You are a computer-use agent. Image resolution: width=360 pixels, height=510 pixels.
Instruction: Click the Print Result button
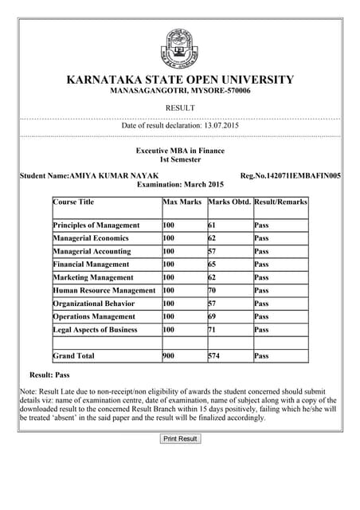point(180,439)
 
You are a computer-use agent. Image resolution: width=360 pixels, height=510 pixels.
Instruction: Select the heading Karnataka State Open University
point(180,80)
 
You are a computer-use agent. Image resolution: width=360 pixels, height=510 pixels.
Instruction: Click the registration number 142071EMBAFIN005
point(295,175)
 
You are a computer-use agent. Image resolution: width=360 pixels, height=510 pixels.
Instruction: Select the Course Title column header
point(74,202)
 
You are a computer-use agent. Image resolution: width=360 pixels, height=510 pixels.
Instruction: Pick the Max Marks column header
point(182,202)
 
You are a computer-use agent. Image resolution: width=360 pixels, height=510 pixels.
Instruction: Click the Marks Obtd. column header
point(229,202)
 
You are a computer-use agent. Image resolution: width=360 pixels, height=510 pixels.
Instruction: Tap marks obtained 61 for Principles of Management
point(213,226)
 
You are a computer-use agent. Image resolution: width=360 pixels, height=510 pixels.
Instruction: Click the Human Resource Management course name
point(104,291)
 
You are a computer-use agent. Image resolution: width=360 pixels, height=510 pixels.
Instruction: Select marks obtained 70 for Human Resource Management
point(213,291)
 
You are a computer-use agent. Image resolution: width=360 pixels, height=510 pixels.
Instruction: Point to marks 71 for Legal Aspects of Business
point(213,330)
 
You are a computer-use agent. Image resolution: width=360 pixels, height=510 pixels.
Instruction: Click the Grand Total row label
point(74,356)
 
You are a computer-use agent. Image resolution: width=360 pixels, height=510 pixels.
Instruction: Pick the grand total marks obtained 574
point(214,356)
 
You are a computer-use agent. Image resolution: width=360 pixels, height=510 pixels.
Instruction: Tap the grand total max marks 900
point(169,356)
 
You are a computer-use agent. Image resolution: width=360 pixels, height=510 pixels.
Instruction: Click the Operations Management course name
point(95,317)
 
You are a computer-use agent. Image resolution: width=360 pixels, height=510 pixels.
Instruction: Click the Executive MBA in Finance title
point(180,151)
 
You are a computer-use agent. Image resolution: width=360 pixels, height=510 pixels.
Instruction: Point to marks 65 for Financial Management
point(213,265)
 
